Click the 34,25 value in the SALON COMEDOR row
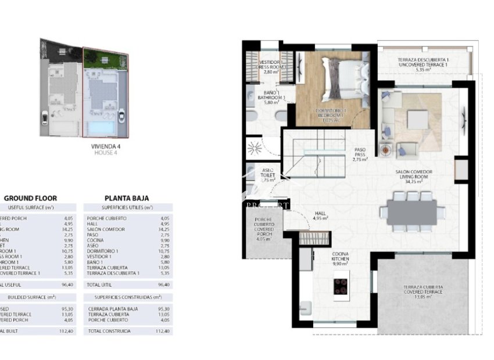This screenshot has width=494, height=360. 164,229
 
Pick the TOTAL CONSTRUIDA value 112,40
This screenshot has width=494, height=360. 163,331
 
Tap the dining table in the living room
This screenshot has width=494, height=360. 411,212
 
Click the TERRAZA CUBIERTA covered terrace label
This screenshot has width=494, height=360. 423,290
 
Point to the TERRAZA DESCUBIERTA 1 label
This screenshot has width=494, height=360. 423,63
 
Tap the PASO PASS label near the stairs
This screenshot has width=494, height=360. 360,154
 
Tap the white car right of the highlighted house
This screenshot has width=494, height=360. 121,117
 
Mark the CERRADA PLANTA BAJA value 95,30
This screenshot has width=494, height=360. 164,308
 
